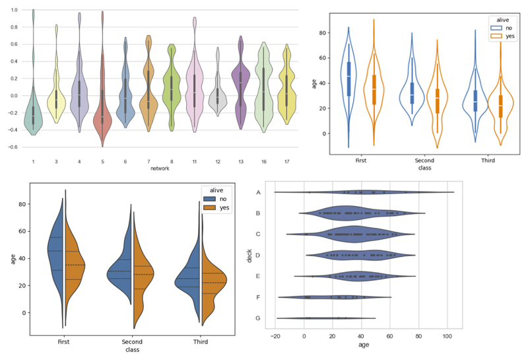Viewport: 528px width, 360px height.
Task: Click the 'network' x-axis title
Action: (x=160, y=168)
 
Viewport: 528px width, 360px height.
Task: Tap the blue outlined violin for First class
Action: (x=348, y=73)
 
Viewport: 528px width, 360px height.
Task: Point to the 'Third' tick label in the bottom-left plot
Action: (x=200, y=342)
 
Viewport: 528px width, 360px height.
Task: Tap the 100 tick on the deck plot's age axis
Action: (x=447, y=336)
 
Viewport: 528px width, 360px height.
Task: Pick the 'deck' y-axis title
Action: (x=249, y=255)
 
